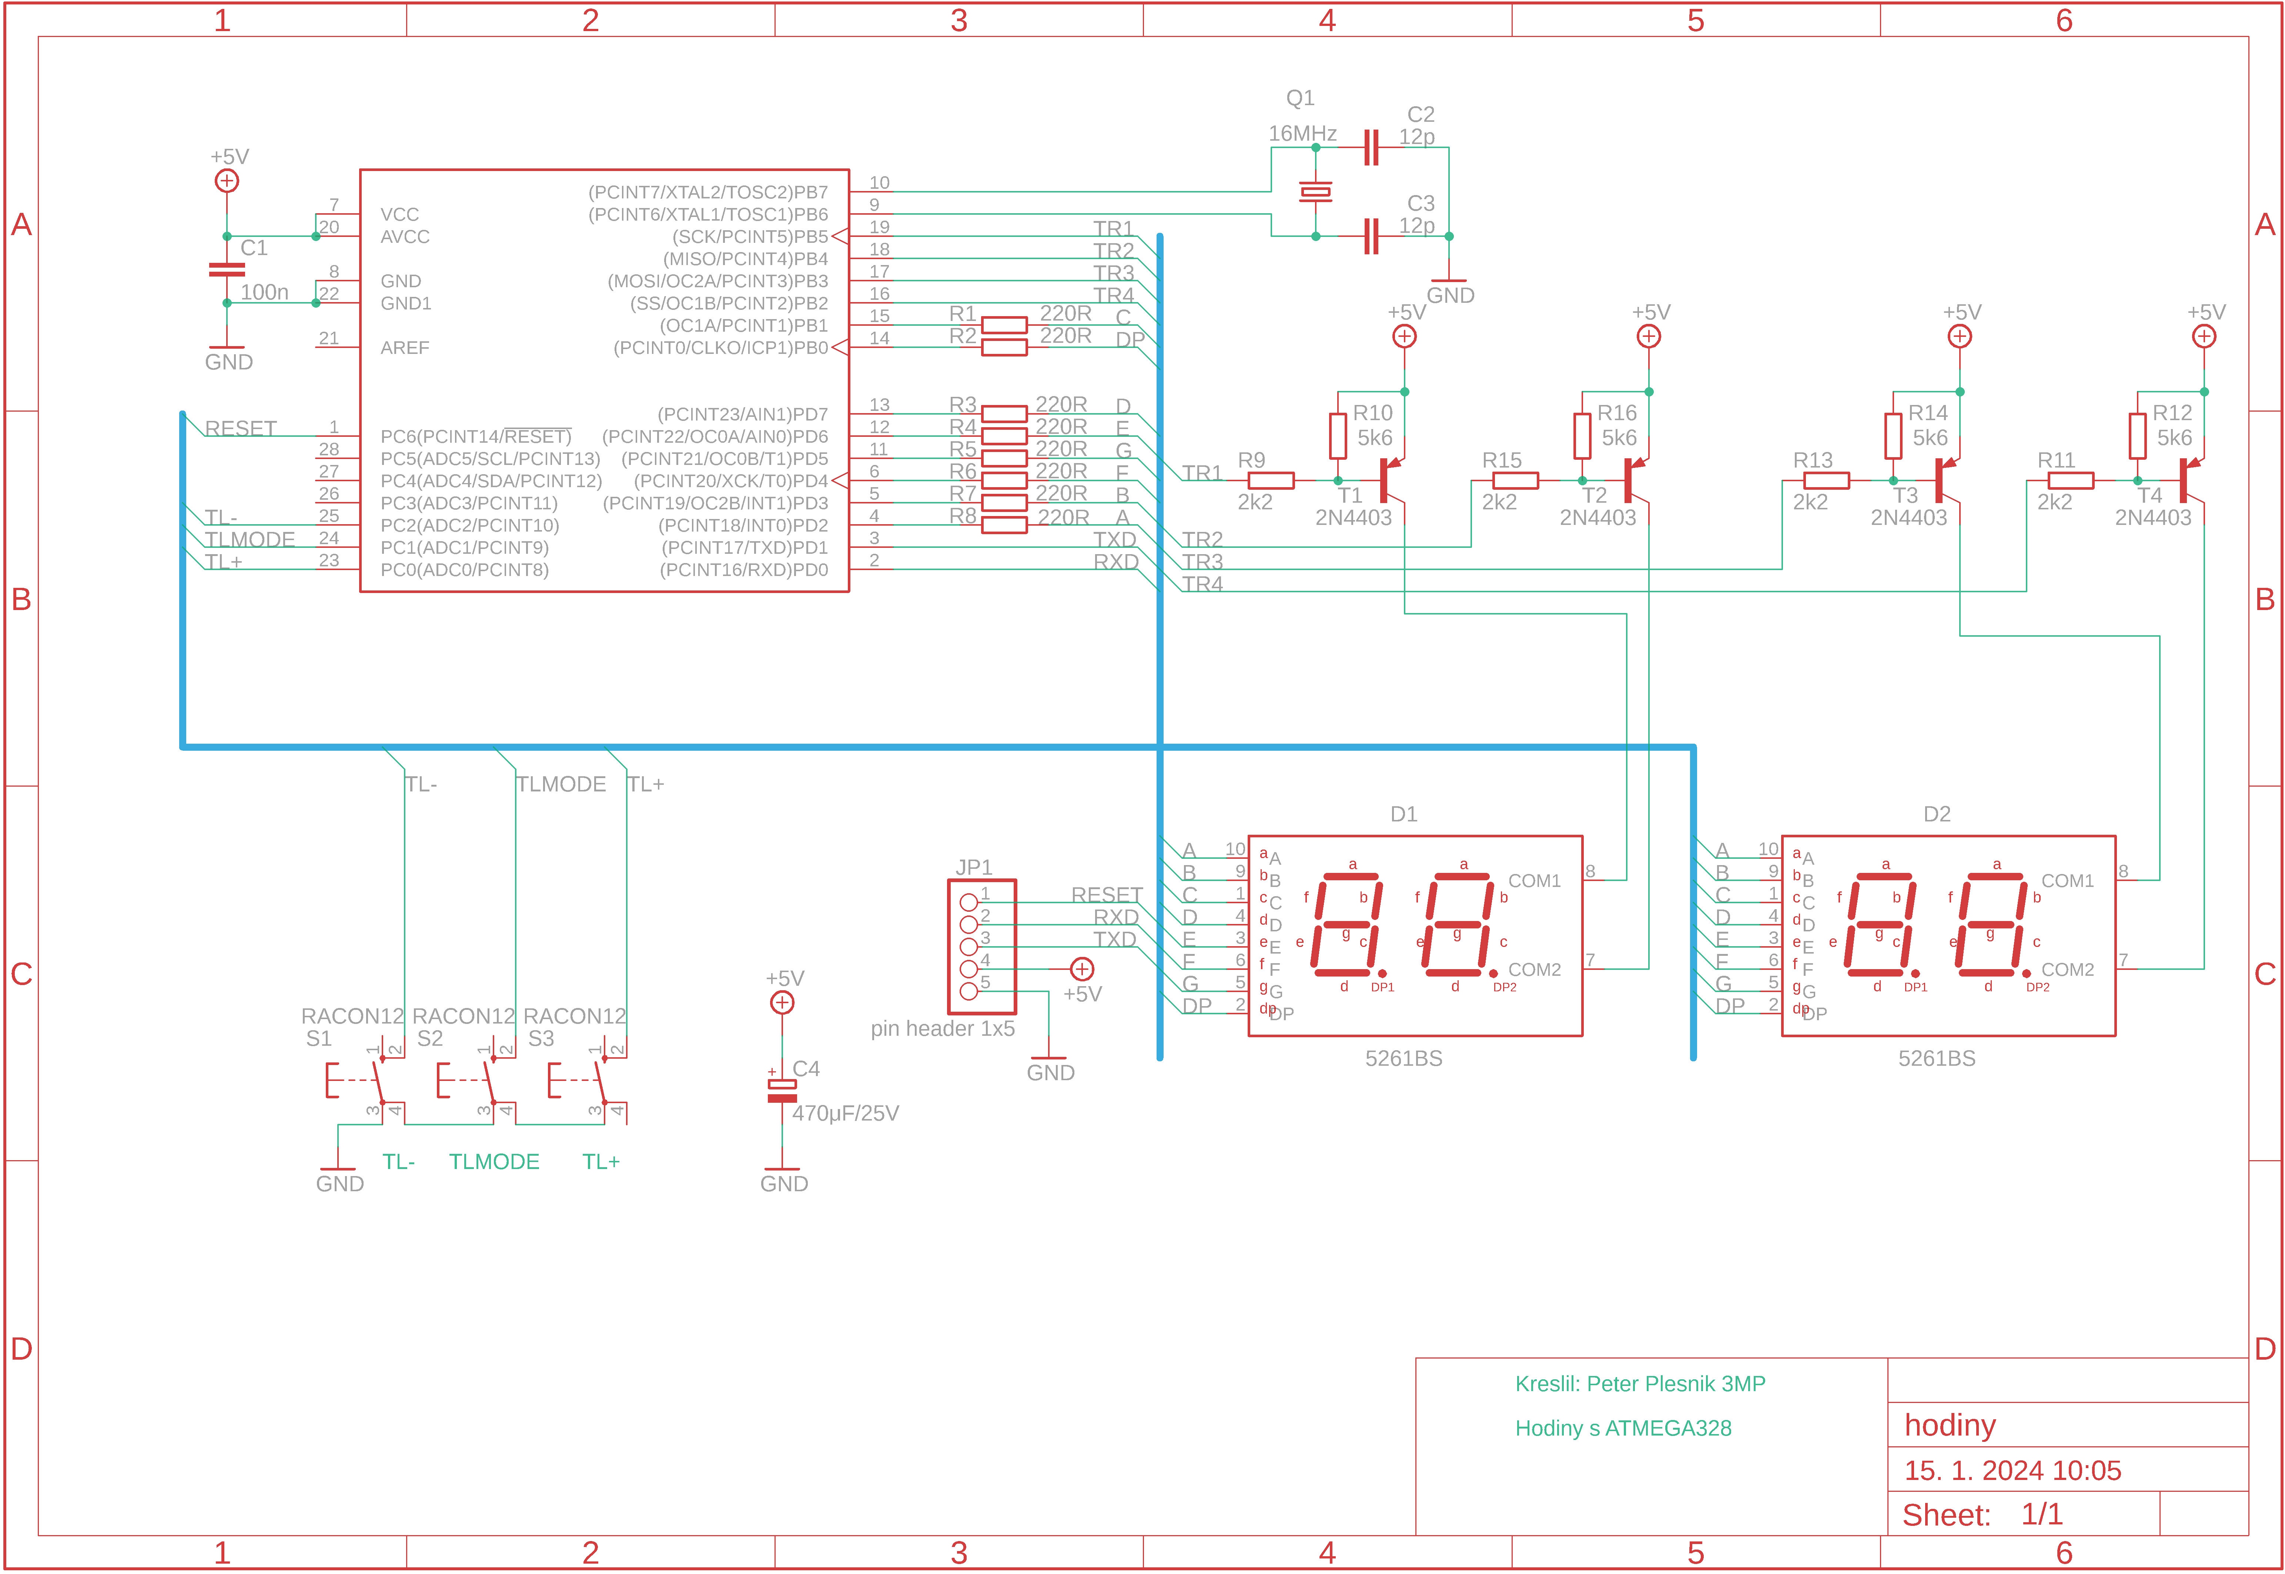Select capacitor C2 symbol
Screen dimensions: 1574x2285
pos(1370,147)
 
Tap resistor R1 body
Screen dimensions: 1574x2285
pos(1004,325)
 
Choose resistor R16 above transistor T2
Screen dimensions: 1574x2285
pos(1582,435)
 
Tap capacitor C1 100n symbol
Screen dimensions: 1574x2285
pos(227,269)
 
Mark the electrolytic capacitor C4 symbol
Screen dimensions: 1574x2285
pos(782,1090)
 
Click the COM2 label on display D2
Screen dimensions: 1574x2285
pos(2067,969)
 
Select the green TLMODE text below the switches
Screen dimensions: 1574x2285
pos(494,1162)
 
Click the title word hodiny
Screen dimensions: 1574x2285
pos(1950,1425)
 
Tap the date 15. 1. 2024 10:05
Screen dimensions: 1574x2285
pos(2012,1470)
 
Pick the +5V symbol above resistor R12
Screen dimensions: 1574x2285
pos(2204,336)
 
